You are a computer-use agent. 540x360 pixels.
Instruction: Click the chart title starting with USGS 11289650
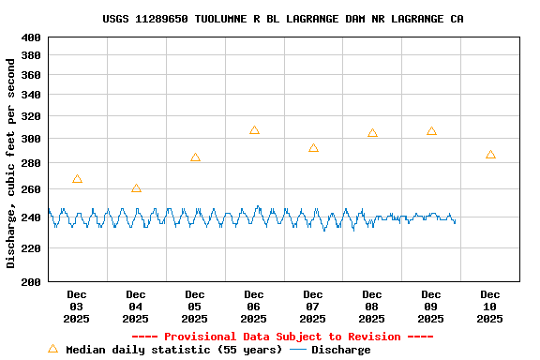282,19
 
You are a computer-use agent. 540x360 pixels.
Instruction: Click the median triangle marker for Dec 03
77,179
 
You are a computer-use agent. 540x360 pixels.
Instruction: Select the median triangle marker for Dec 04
136,189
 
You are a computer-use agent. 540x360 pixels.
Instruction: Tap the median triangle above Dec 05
195,157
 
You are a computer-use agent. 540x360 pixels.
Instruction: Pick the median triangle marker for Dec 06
254,130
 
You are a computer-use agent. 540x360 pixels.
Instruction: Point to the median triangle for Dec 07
313,148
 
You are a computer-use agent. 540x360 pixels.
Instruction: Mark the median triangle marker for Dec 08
372,133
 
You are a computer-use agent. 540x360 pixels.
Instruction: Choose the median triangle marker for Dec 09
431,131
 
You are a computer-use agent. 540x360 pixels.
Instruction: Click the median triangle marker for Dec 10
490,155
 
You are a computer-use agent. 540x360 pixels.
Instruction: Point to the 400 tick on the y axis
31,37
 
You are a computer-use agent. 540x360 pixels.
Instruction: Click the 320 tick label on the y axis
31,116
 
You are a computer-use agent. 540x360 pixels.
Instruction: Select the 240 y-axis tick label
31,217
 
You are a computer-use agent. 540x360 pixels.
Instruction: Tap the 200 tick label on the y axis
31,281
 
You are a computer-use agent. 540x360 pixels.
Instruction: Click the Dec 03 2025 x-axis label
77,307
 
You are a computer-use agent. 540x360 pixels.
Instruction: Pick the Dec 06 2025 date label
254,307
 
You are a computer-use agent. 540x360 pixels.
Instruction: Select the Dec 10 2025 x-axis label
490,307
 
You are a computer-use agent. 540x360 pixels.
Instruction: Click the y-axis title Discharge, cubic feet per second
11,163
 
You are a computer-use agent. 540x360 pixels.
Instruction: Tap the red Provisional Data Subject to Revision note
282,337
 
